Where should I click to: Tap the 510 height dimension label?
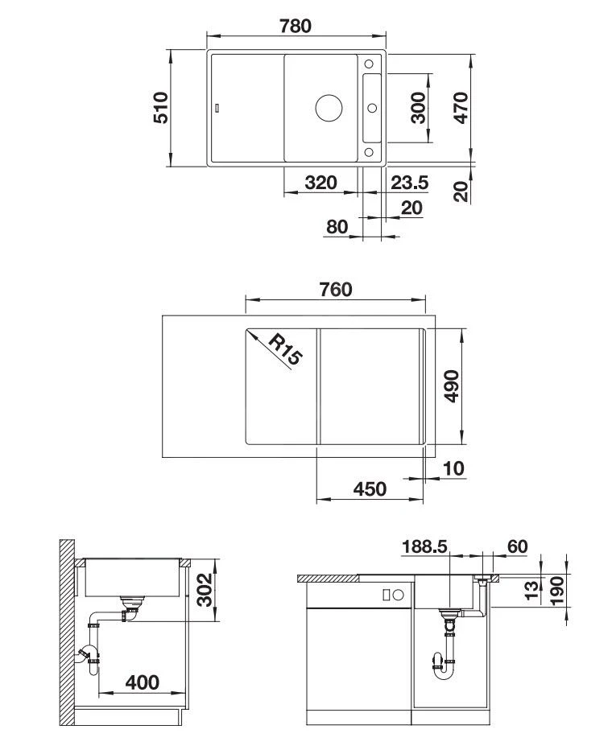coord(160,107)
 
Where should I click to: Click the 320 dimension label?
coord(320,183)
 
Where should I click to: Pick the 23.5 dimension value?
coord(409,183)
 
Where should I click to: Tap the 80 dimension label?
coord(337,227)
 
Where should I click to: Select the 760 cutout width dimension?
coord(336,289)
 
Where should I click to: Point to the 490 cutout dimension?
coord(451,387)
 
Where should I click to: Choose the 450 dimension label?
coord(370,488)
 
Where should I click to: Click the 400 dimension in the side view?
coord(143,682)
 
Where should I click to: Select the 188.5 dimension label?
coord(424,546)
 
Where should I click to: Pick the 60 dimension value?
coord(517,546)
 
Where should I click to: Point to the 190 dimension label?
coord(556,591)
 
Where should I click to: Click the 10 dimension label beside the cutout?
coord(453,468)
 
